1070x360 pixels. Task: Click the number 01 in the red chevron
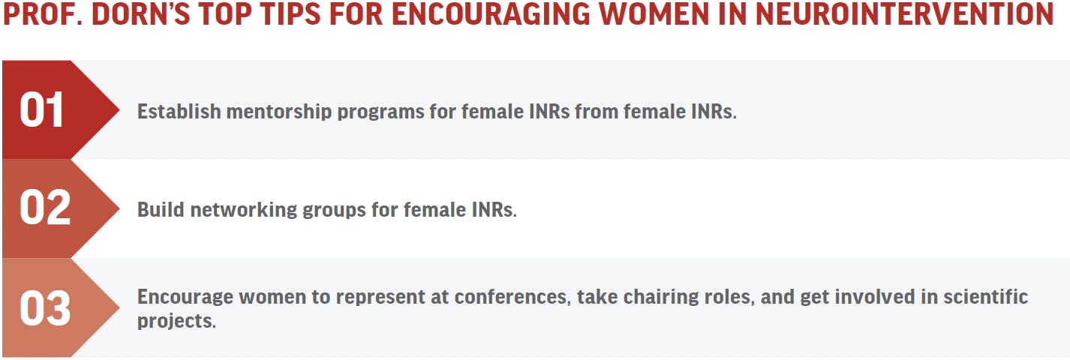click(x=41, y=109)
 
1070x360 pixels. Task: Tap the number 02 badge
click(x=45, y=207)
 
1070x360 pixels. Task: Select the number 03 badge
click(x=45, y=308)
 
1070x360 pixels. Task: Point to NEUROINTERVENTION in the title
click(x=905, y=13)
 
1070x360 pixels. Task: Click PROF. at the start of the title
click(x=43, y=13)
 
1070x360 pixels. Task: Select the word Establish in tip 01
click(x=179, y=112)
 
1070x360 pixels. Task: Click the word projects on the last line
click(x=176, y=322)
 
